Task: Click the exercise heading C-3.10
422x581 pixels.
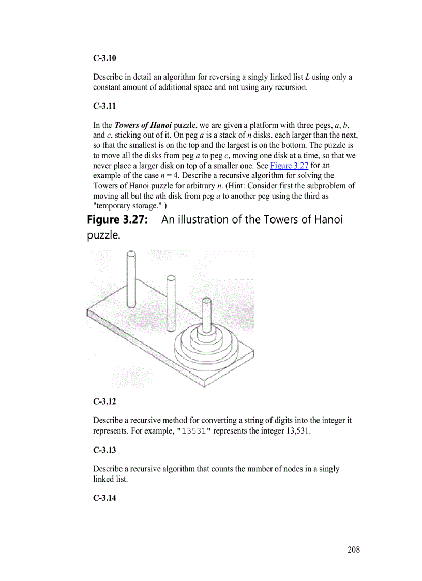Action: pyautogui.click(x=104, y=58)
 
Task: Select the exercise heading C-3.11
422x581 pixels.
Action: pyautogui.click(x=104, y=106)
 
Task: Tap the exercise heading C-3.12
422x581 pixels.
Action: pyautogui.click(x=104, y=401)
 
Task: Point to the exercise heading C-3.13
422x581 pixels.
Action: pyautogui.click(x=104, y=450)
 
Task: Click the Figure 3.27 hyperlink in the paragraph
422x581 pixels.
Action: pyautogui.click(x=289, y=166)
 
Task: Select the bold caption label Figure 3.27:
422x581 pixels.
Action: pyautogui.click(x=118, y=219)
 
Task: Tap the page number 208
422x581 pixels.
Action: pyautogui.click(x=353, y=549)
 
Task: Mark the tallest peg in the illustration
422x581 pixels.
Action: pyautogui.click(x=131, y=279)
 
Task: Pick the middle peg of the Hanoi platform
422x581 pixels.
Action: pyautogui.click(x=171, y=303)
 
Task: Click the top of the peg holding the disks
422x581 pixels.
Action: pyautogui.click(x=207, y=301)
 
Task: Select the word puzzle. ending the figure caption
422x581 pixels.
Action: pyautogui.click(x=103, y=236)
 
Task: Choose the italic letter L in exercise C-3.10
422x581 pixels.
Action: pyautogui.click(x=307, y=77)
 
